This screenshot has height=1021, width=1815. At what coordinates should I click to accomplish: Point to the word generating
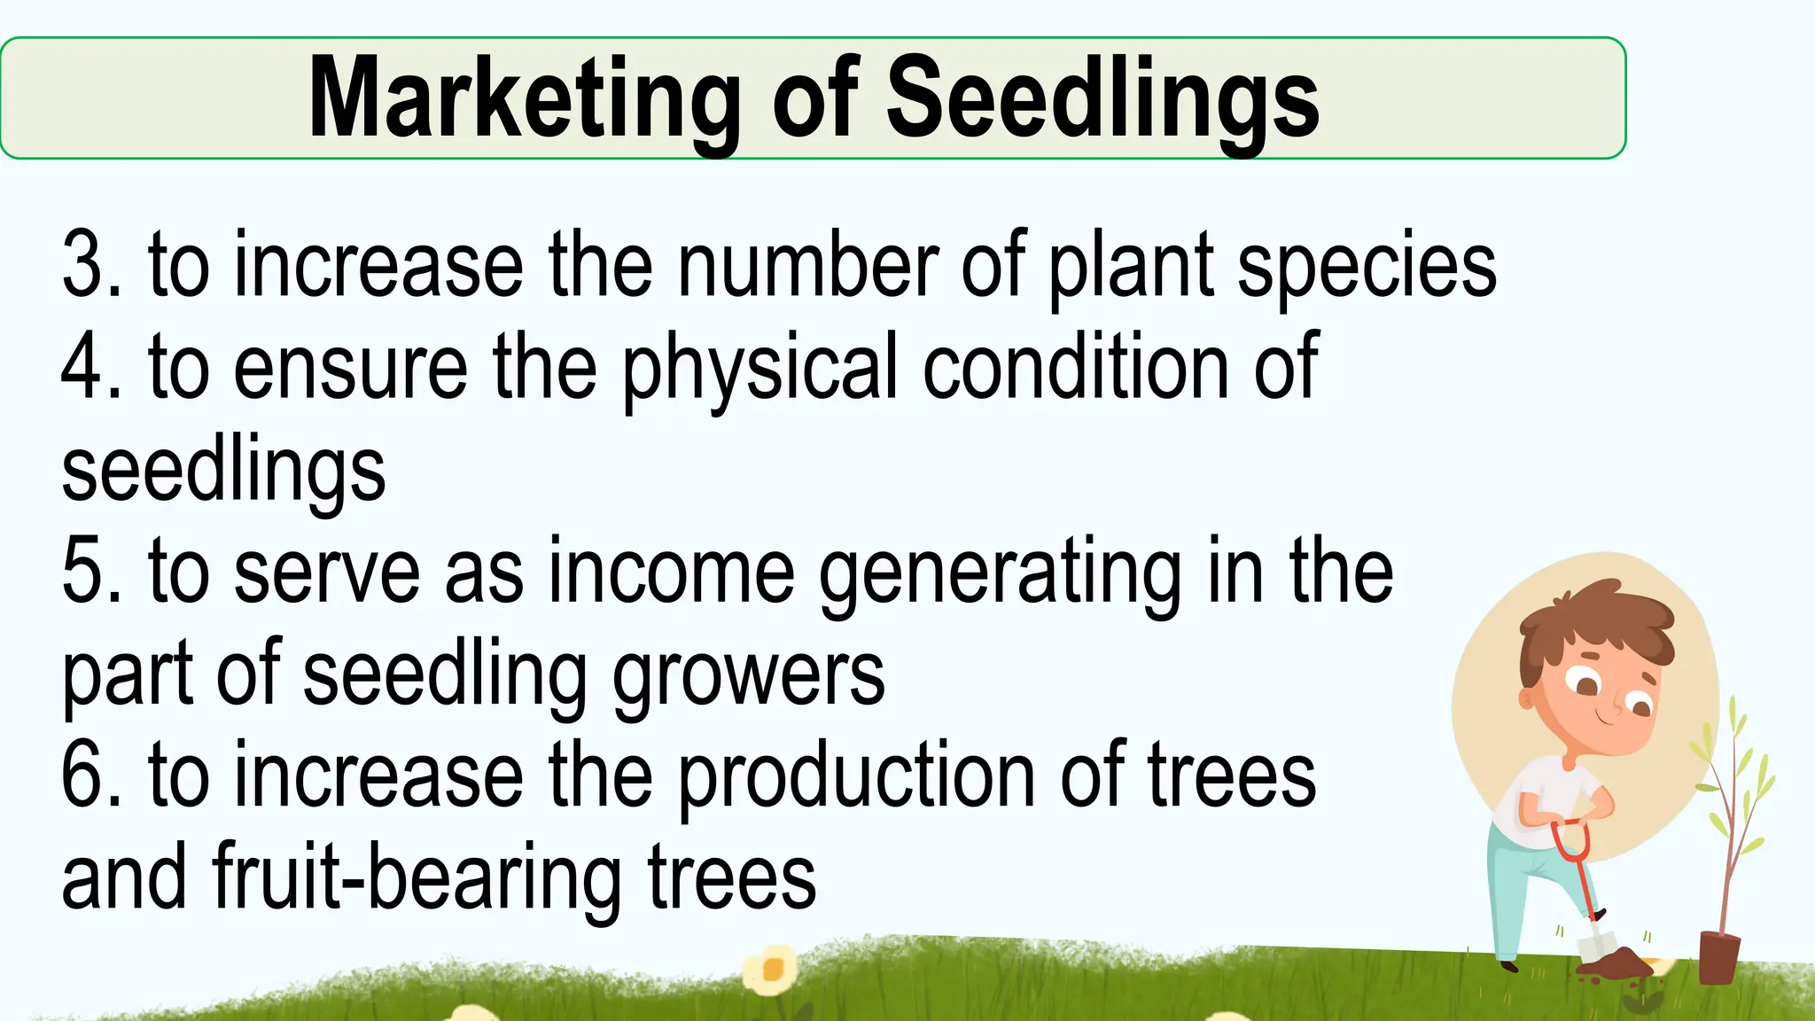pos(1000,576)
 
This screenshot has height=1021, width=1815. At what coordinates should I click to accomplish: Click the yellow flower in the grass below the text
pos(771,970)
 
